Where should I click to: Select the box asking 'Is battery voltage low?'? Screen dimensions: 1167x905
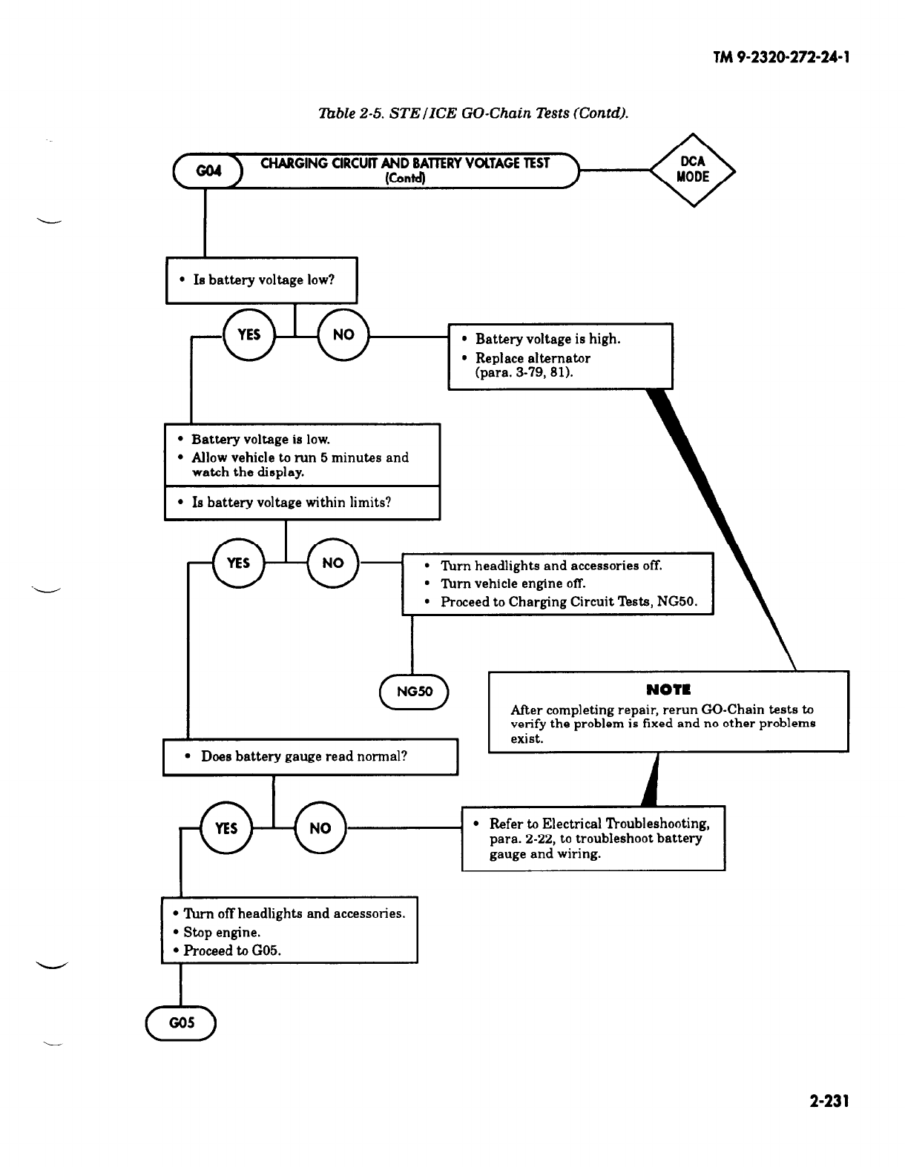point(262,280)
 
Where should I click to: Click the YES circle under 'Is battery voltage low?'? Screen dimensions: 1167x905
point(249,335)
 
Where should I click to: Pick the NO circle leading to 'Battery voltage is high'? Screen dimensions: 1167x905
point(343,335)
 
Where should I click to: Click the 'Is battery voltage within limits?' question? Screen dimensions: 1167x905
point(291,503)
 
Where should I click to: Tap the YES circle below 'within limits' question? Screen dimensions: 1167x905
point(237,563)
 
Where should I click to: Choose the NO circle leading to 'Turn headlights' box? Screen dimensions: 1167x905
point(332,563)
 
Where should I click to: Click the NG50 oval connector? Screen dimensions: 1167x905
point(413,692)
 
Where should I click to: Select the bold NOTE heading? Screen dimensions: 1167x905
point(668,690)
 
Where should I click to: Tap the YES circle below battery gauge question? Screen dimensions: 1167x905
point(226,828)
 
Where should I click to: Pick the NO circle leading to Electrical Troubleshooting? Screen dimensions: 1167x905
point(320,828)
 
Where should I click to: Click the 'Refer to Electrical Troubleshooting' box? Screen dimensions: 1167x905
point(593,839)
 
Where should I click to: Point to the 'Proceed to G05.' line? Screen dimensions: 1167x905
point(232,951)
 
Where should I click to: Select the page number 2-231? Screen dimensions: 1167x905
point(829,1102)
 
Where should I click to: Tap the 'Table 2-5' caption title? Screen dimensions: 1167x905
point(473,113)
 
